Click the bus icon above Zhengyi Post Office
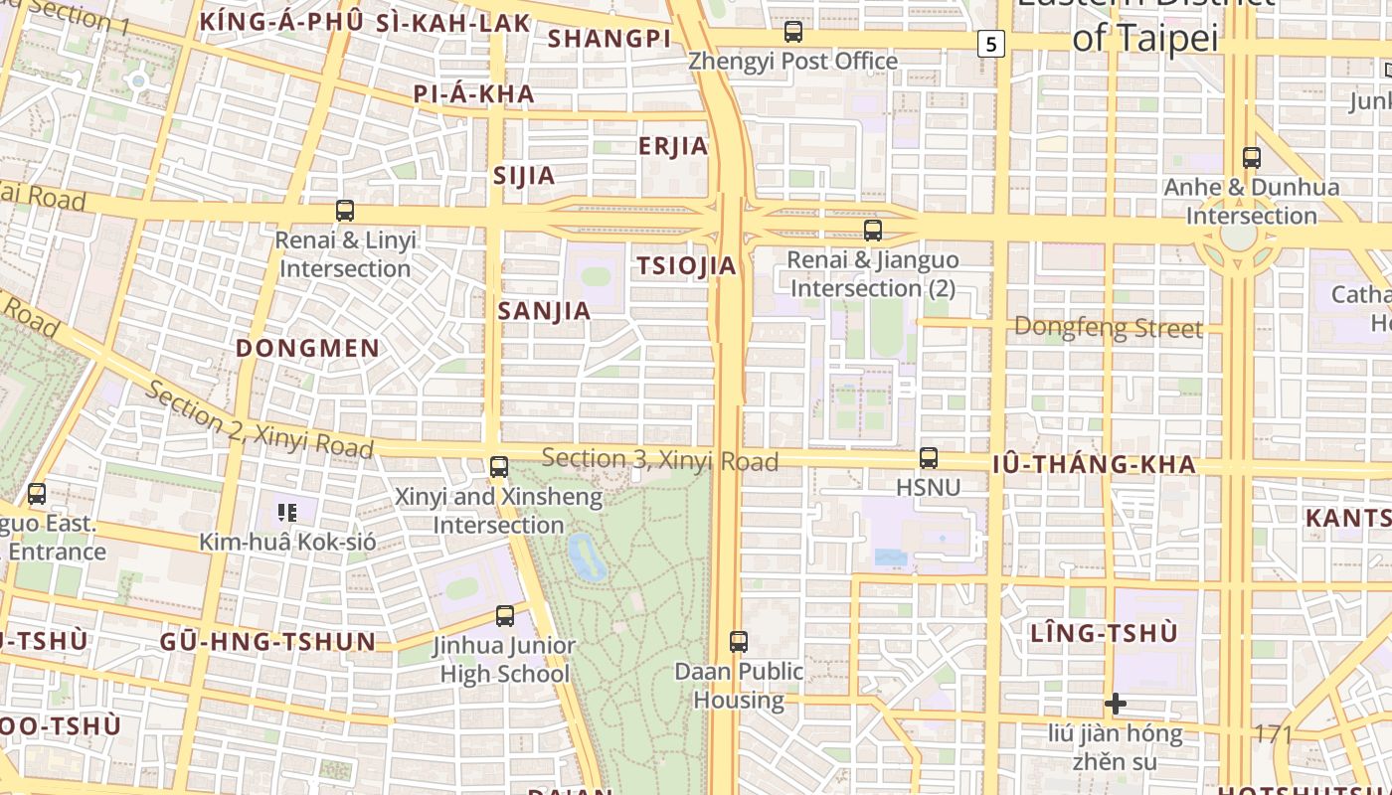(792, 32)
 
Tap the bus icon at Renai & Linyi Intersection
(345, 211)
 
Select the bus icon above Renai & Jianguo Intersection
(873, 231)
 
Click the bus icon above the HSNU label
(929, 458)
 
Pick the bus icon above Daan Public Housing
(738, 642)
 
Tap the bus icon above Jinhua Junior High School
(505, 616)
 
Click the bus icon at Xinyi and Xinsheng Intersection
(499, 467)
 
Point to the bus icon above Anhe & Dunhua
(1252, 157)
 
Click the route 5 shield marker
(990, 44)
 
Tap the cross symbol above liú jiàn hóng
(1116, 705)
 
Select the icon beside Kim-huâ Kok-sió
(287, 513)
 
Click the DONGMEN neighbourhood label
(308, 348)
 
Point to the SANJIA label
(544, 311)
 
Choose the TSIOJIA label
(686, 266)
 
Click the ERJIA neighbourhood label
(673, 147)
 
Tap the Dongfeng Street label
(1108, 328)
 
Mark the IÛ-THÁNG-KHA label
(1094, 465)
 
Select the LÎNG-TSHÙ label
(1104, 633)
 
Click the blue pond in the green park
(587, 556)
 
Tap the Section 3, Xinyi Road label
(660, 460)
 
